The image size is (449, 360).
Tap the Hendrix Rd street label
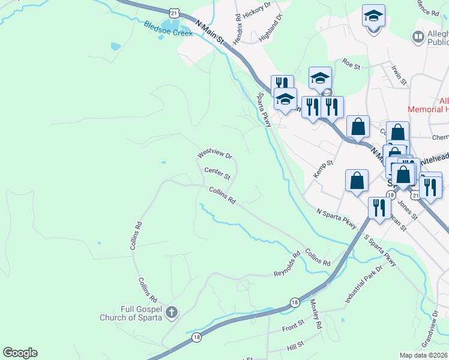pyautogui.click(x=238, y=29)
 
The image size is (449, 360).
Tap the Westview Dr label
pyautogui.click(x=214, y=155)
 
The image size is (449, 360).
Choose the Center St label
pyautogui.click(x=217, y=173)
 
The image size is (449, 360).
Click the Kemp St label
pyautogui.click(x=323, y=169)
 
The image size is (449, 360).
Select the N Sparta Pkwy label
pyautogui.click(x=336, y=218)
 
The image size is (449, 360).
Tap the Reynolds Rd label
pyautogui.click(x=287, y=265)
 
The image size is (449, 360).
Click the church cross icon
pyautogui.click(x=172, y=312)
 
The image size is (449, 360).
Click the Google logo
pyautogui.click(x=20, y=353)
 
